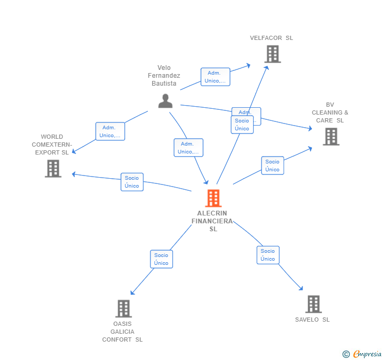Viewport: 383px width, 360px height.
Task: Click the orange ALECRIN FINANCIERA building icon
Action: (x=213, y=198)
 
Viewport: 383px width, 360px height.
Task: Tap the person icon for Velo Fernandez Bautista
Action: (x=165, y=101)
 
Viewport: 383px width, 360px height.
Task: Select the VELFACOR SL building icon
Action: (x=272, y=54)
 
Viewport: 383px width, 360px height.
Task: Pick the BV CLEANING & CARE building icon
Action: (x=330, y=137)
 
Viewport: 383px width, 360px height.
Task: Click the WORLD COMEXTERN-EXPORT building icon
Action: (x=53, y=169)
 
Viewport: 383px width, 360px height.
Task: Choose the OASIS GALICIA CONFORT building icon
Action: (x=123, y=308)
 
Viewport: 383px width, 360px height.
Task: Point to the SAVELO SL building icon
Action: (x=313, y=304)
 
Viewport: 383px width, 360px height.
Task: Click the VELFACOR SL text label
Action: (x=271, y=38)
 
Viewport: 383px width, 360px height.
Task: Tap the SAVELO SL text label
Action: (x=312, y=320)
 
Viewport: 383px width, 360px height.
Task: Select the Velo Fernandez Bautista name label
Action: (x=164, y=76)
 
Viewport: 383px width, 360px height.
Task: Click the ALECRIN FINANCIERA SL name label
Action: (x=213, y=221)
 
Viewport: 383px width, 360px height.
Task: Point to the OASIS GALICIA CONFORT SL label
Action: (x=122, y=332)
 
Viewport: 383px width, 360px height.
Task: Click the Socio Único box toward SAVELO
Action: (x=268, y=255)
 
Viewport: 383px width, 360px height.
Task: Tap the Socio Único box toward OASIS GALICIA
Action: (x=162, y=259)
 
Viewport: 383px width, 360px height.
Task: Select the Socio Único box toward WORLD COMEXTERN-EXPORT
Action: (x=132, y=182)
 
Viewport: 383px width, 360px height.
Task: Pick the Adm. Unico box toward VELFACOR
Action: (x=215, y=77)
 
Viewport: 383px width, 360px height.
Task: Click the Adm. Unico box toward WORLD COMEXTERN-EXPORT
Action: (x=110, y=131)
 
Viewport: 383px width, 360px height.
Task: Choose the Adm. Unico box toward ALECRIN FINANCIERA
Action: (x=188, y=148)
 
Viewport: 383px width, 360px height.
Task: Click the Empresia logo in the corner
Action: (x=367, y=354)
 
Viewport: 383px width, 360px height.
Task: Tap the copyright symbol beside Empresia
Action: (x=346, y=354)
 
